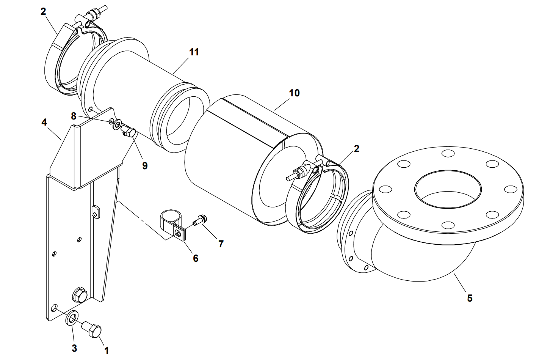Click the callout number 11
click(x=194, y=52)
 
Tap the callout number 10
click(x=294, y=93)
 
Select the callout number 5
click(x=470, y=298)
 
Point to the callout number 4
click(x=44, y=123)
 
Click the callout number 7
click(x=221, y=244)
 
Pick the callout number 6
click(x=196, y=258)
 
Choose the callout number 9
click(x=145, y=165)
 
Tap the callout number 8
click(x=74, y=116)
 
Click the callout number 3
click(x=74, y=348)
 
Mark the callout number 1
click(x=107, y=350)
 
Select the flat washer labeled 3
click(x=72, y=318)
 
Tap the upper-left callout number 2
click(x=43, y=11)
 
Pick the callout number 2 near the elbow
click(x=356, y=149)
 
